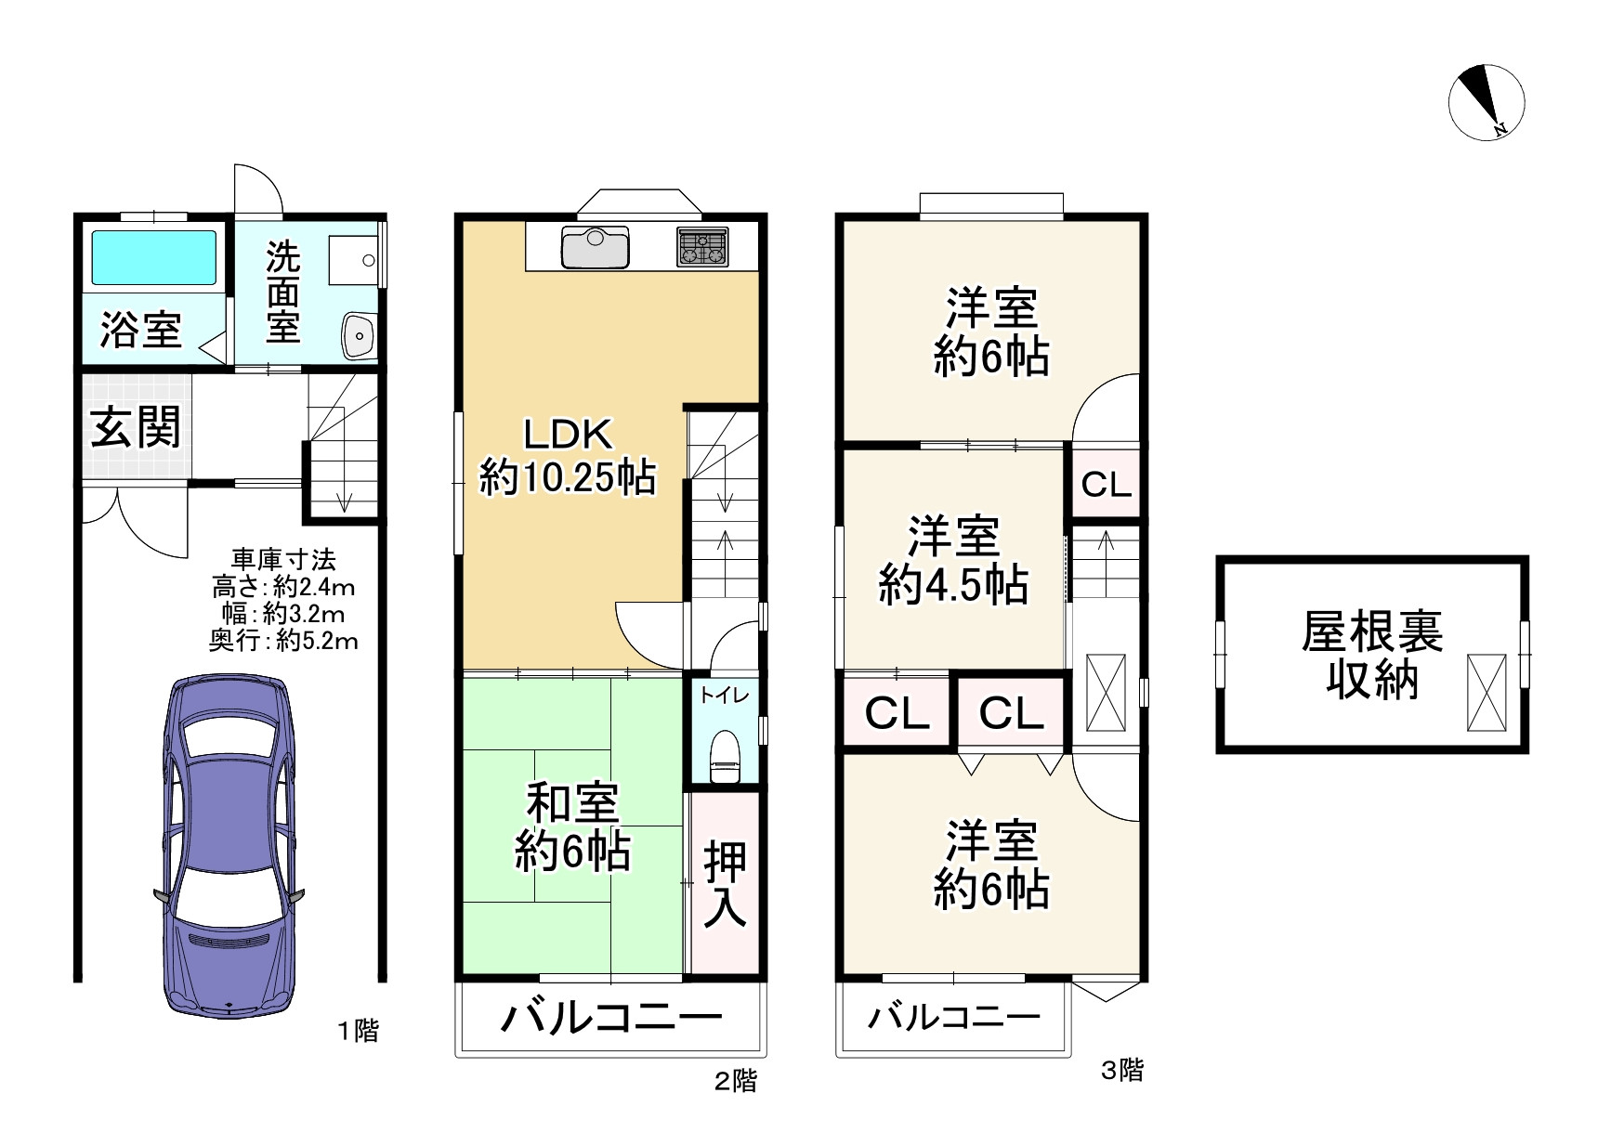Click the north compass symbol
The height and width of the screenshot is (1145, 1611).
(x=1487, y=103)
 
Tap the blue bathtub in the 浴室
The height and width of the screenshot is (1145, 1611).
(x=154, y=257)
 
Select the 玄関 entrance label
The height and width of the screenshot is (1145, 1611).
(x=136, y=428)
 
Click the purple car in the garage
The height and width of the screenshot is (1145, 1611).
(x=229, y=845)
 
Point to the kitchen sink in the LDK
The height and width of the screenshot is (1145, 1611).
(x=596, y=246)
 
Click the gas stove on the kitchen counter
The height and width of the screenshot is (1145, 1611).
(x=701, y=246)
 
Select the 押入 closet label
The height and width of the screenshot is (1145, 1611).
(x=725, y=883)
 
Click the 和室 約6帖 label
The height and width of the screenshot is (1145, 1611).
(x=572, y=827)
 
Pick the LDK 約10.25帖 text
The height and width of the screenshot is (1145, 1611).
(x=568, y=456)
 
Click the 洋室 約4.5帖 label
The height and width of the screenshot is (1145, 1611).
(x=953, y=561)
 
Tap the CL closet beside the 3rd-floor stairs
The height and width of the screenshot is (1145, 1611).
(x=1107, y=484)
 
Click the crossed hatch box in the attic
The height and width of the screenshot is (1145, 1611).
(x=1487, y=692)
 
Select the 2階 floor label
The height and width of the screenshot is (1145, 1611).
(x=736, y=1081)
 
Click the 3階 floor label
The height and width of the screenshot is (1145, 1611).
(x=1122, y=1070)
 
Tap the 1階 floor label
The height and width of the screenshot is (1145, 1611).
(x=358, y=1031)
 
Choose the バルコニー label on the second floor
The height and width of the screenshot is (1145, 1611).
(x=611, y=1017)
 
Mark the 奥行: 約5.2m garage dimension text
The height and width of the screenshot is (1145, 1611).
(x=283, y=641)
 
